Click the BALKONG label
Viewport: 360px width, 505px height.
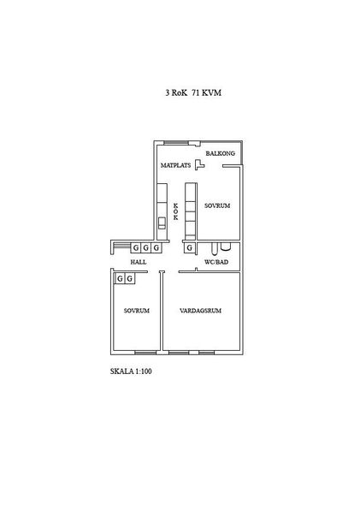[221, 153]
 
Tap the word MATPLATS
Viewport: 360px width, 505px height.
[175, 165]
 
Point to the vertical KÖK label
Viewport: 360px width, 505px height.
[175, 211]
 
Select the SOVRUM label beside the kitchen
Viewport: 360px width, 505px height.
[217, 205]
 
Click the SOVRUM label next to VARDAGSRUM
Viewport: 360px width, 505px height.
[137, 311]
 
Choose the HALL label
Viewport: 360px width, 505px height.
[139, 262]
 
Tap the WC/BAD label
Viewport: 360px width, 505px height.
[216, 262]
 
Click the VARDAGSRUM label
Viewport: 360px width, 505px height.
[200, 311]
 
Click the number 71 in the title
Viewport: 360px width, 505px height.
[196, 92]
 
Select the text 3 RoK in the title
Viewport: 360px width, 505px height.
[176, 92]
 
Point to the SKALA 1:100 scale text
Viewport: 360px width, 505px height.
[131, 371]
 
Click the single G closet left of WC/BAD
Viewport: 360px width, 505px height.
[190, 247]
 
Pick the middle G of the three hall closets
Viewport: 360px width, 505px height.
[146, 247]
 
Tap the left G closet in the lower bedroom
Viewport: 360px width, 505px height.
[120, 278]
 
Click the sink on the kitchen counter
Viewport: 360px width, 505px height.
[162, 223]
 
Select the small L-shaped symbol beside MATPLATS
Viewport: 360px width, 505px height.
[200, 164]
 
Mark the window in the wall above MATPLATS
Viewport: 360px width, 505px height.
[176, 143]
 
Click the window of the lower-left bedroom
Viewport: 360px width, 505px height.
[145, 353]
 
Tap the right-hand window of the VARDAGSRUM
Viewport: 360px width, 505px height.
[206, 353]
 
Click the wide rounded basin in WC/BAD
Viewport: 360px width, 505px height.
[226, 247]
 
